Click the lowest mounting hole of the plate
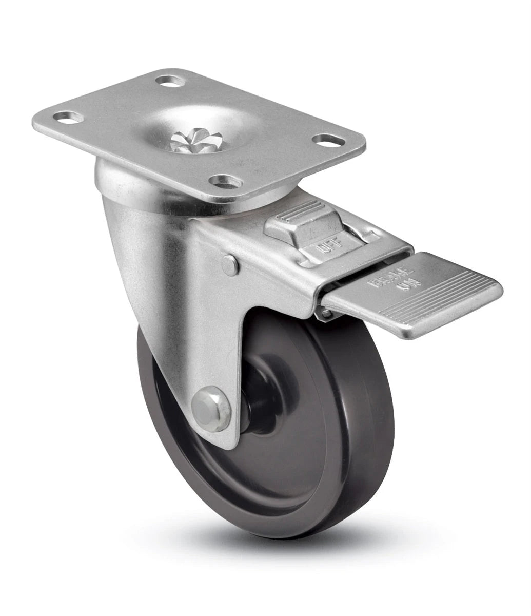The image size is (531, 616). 226,182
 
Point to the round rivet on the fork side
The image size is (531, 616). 230,265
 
